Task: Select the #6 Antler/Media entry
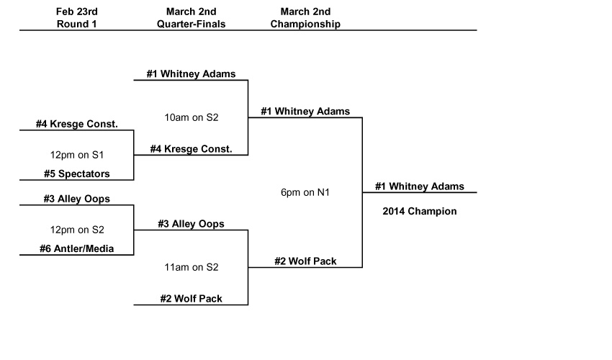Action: pyautogui.click(x=76, y=249)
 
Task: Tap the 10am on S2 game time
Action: pyautogui.click(x=191, y=117)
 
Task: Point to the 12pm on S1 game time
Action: pyautogui.click(x=76, y=155)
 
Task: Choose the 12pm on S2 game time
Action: pyautogui.click(x=76, y=230)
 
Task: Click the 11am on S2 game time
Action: pyautogui.click(x=191, y=267)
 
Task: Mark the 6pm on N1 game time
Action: pyautogui.click(x=305, y=192)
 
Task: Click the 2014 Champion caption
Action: pyautogui.click(x=420, y=212)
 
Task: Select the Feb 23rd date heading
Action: pyautogui.click(x=76, y=12)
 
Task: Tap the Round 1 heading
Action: pyautogui.click(x=76, y=24)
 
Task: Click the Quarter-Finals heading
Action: pyautogui.click(x=191, y=24)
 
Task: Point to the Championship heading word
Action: pyautogui.click(x=305, y=24)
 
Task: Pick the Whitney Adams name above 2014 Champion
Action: pyautogui.click(x=420, y=186)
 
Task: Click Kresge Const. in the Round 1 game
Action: pyautogui.click(x=76, y=124)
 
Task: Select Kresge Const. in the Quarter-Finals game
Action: pyautogui.click(x=191, y=149)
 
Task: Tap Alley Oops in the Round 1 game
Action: pyautogui.click(x=76, y=199)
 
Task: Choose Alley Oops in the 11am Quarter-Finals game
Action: pyautogui.click(x=191, y=224)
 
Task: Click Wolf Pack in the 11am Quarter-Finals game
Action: pyautogui.click(x=191, y=299)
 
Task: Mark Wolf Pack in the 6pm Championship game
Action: pyautogui.click(x=305, y=261)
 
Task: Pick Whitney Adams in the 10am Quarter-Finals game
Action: pyautogui.click(x=191, y=73)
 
